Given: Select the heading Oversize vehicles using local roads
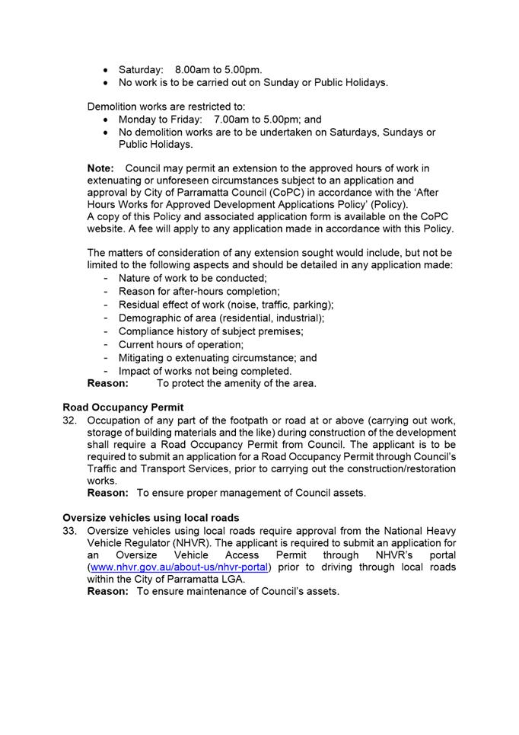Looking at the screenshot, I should click(151, 518).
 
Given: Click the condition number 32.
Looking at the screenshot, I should click(71, 420).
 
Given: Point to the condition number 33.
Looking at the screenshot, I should click(71, 530).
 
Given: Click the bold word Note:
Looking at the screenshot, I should click(101, 168).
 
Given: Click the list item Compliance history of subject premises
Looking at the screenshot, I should click(211, 331).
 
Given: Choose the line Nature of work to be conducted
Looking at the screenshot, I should click(193, 278).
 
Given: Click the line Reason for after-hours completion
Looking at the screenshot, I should click(199, 291).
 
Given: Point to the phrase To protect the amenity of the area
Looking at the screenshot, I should click(237, 383).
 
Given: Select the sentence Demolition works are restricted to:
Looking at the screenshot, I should click(167, 107).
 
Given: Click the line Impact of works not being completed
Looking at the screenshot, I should click(205, 371).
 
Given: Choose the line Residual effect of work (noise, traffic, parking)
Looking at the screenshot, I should click(226, 305).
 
